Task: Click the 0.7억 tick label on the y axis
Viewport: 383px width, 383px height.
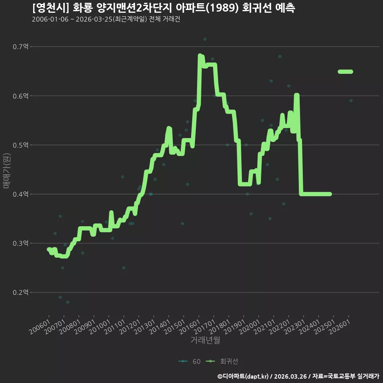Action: pos(20,46)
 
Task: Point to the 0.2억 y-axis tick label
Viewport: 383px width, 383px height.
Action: pos(20,292)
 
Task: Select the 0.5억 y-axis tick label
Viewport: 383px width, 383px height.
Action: pos(20,145)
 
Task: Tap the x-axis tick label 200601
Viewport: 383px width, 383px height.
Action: pos(40,327)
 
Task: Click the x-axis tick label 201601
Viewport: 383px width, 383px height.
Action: pos(190,327)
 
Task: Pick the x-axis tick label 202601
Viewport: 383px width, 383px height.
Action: pos(340,327)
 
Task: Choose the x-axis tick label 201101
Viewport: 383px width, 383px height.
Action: pos(115,327)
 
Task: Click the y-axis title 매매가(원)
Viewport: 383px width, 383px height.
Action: pos(6,171)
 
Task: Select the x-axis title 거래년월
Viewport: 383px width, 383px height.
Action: pos(205,340)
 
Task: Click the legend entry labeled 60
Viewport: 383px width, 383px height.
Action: pos(190,361)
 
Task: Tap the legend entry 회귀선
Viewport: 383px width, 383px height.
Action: pos(222,361)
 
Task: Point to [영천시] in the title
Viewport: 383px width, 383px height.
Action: pos(51,8)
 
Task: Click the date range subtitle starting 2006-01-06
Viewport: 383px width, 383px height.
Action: pos(106,19)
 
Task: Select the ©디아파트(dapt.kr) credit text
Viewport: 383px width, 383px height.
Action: pos(243,376)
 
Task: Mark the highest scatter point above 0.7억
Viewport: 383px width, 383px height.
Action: pos(205,39)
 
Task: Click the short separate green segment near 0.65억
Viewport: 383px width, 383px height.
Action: pos(345,71)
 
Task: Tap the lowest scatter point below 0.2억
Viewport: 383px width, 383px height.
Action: pos(68,302)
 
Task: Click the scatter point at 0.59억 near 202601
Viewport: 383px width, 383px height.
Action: pos(351,101)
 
